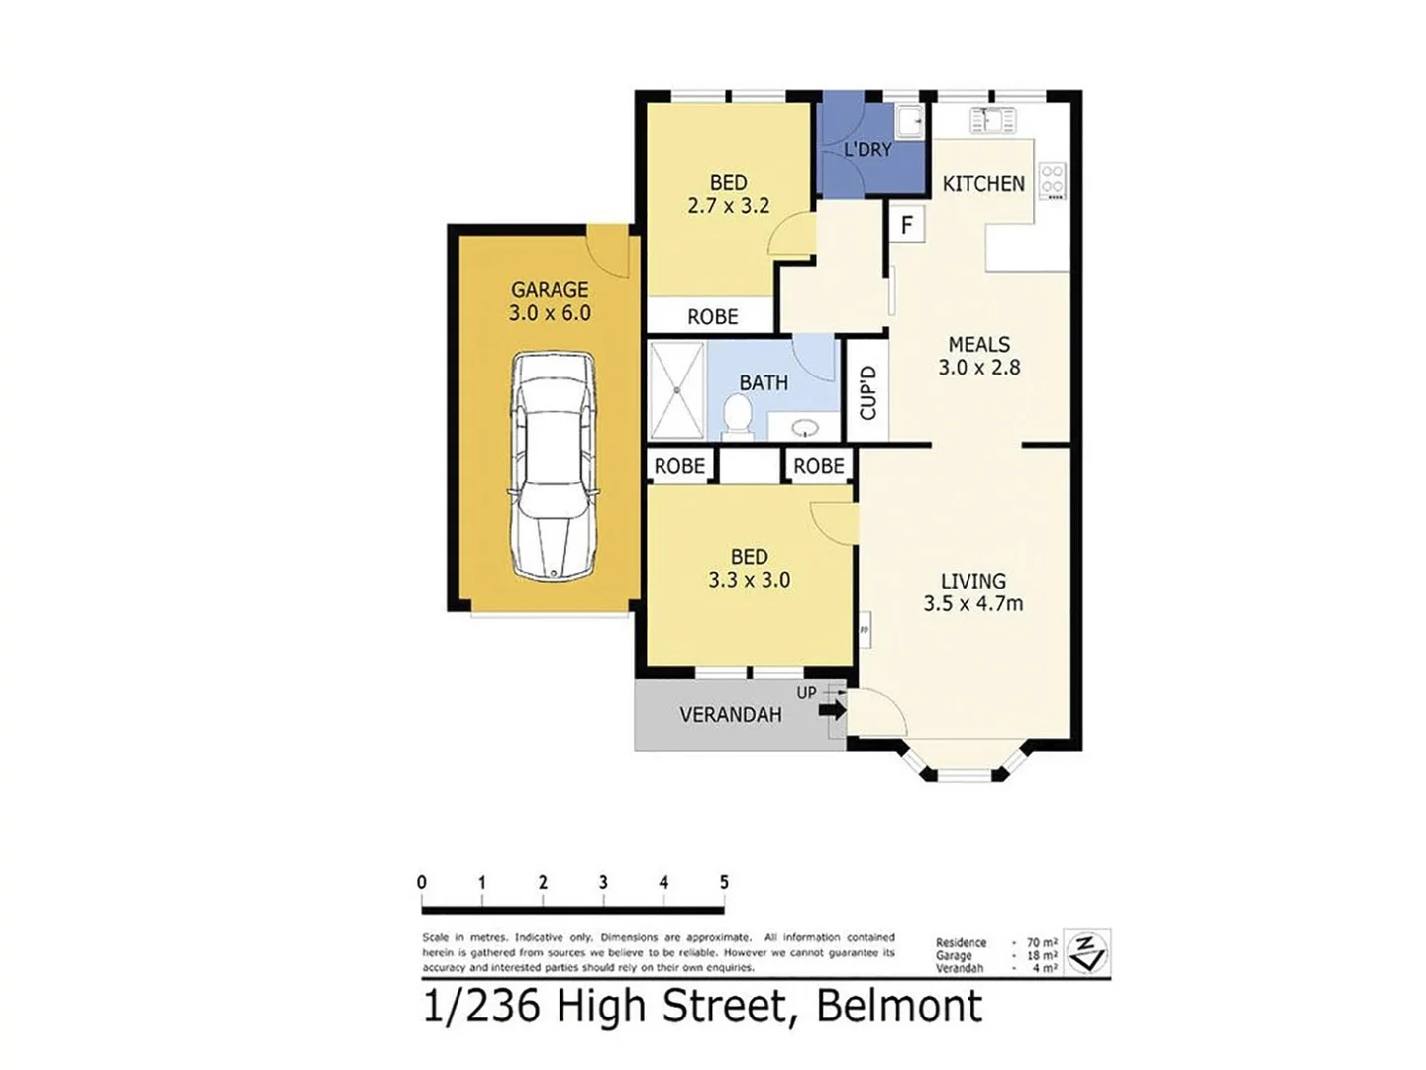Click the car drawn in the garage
[553, 466]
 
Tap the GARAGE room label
[550, 290]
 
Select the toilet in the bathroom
[737, 416]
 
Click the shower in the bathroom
[677, 389]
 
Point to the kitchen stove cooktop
[1052, 182]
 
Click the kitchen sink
[992, 121]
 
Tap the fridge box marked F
[906, 225]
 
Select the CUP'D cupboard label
[867, 392]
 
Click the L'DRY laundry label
[867, 150]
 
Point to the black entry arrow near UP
[832, 709]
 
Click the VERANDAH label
[731, 715]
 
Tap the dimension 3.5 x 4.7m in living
[972, 603]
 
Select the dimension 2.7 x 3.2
[728, 206]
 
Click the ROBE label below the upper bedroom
[712, 317]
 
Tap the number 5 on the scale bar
[724, 882]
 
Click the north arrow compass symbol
[1087, 953]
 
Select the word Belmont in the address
[899, 1007]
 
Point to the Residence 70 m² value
[1041, 943]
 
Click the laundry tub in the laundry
[909, 122]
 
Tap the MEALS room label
[978, 345]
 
